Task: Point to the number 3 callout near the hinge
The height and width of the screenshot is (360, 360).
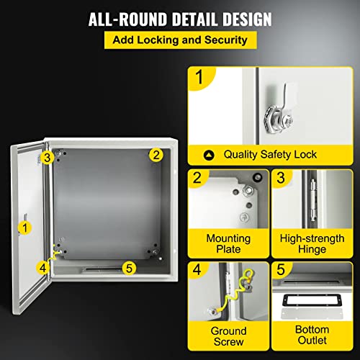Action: point(46,157)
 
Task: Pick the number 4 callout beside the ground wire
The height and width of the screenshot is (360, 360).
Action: point(44,267)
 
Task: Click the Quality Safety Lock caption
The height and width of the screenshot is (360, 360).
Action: point(269,154)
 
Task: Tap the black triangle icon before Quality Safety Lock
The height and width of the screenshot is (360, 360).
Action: point(209,154)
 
